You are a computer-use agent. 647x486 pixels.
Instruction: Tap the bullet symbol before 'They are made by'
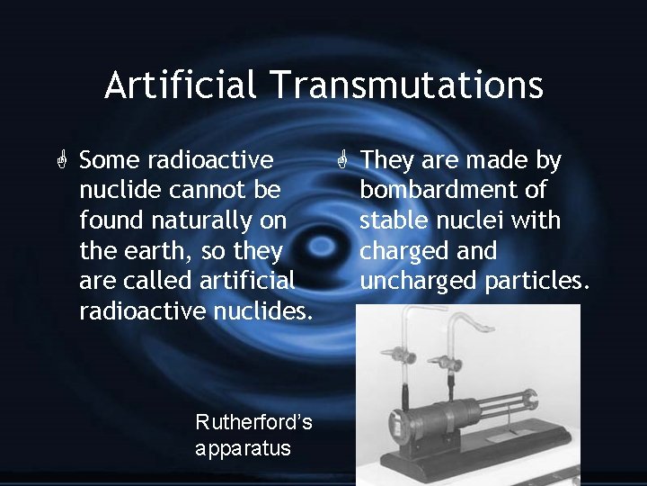[x=342, y=162]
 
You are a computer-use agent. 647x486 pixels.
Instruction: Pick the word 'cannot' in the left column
[x=199, y=191]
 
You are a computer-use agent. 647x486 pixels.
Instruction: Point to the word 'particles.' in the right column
[x=538, y=281]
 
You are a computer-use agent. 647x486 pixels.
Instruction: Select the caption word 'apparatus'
[x=243, y=447]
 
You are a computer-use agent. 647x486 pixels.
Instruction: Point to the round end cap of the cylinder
[x=394, y=421]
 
